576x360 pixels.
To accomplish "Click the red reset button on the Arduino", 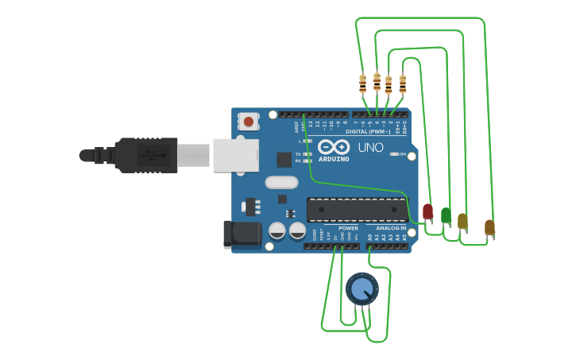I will coord(249,122).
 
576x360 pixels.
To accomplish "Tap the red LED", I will coord(427,211).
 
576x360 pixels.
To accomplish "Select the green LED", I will coord(446,215).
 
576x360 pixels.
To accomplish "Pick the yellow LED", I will coord(462,221).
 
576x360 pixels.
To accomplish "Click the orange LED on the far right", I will coord(489,227).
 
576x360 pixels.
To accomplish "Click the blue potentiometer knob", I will coord(362,288).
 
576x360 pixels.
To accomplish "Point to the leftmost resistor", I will coord(363,83).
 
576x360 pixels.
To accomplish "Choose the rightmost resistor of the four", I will coord(403,83).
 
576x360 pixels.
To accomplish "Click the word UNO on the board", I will coord(370,147).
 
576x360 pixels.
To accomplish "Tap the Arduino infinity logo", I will coord(334,147).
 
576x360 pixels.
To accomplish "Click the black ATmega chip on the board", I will coord(358,209).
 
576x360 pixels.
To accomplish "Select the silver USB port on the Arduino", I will coord(235,155).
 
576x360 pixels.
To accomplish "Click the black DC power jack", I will coord(242,233).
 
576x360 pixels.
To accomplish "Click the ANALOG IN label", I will coord(391,228).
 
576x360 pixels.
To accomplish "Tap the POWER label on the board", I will coord(348,228).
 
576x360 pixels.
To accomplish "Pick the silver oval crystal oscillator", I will coord(282,182).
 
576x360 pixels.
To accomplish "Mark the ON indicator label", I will coord(402,154).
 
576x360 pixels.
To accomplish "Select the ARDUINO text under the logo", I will coord(334,159).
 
